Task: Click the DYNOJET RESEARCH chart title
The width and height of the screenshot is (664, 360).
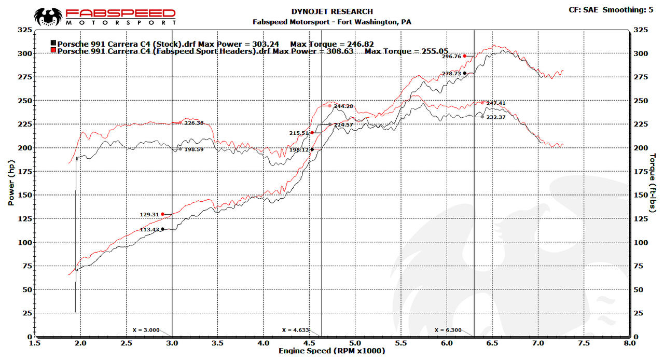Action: [333, 11]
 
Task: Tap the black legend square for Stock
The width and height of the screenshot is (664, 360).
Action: [53, 44]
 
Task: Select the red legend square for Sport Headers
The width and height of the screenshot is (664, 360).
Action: [53, 51]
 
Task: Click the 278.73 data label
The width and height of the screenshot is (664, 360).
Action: [451, 74]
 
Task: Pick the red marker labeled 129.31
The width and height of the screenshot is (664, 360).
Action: [162, 214]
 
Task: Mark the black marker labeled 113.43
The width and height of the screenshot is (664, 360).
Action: [162, 229]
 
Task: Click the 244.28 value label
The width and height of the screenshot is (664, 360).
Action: [343, 106]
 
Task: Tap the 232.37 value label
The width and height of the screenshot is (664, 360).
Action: [496, 117]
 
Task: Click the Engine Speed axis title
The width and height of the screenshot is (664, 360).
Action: [332, 351]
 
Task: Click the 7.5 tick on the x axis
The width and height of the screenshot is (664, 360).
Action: [584, 343]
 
